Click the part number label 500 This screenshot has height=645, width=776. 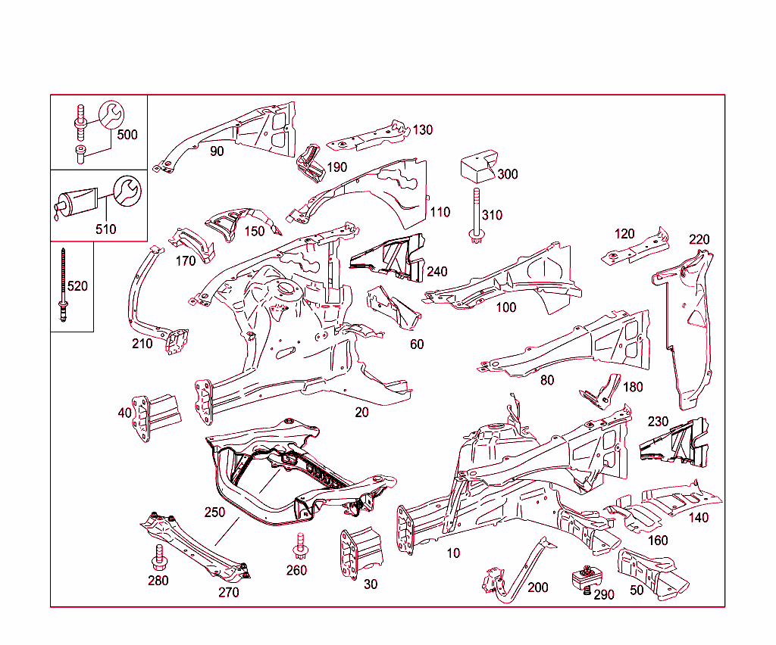(x=127, y=135)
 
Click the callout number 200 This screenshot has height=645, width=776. (x=537, y=587)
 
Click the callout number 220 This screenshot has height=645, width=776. (x=699, y=240)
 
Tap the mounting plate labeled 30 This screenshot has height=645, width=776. (x=359, y=553)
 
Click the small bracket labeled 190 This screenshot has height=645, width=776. (x=309, y=162)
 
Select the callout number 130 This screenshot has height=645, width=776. (x=422, y=130)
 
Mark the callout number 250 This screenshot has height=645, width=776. (x=214, y=513)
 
